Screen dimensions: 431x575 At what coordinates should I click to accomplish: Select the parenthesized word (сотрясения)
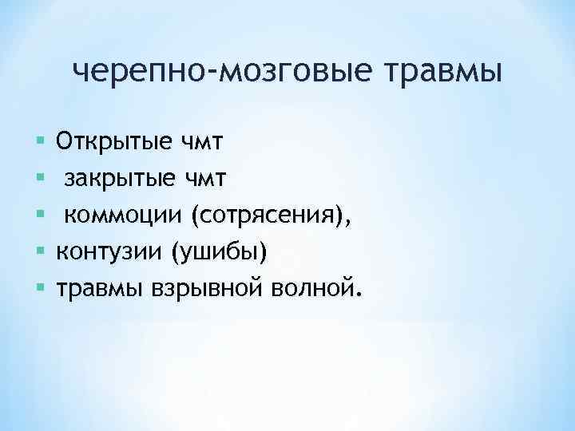click(266, 215)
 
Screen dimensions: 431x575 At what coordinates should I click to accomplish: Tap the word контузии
click(109, 251)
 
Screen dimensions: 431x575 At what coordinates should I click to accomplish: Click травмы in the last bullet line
click(99, 287)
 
